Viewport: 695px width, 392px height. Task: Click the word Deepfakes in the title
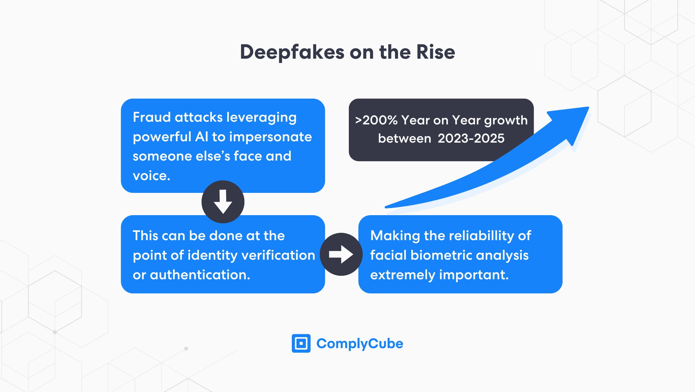click(292, 52)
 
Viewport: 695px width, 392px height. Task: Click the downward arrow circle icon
click(223, 202)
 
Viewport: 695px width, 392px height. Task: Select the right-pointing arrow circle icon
click(341, 254)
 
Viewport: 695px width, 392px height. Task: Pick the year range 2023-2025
click(471, 138)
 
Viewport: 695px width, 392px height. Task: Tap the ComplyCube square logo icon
click(301, 343)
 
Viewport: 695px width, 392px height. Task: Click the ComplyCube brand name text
click(360, 344)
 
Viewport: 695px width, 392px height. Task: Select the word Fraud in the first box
click(151, 117)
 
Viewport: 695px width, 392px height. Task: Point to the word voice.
click(151, 176)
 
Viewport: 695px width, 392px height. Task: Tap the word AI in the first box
click(202, 137)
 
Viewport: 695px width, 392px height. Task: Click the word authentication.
click(200, 275)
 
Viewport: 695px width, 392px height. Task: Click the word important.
click(474, 275)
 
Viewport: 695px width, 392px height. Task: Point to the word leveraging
click(261, 118)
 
